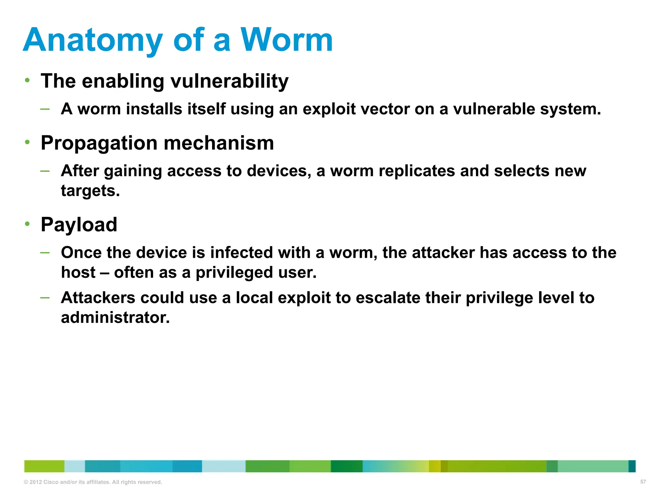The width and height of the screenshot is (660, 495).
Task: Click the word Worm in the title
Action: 286,40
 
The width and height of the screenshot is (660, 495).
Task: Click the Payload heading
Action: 79,225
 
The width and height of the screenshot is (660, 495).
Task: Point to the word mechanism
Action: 219,143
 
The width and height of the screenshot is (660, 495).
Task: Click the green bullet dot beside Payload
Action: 28,223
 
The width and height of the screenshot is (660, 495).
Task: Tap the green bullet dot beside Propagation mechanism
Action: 28,142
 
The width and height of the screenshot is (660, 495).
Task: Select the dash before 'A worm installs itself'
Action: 45,109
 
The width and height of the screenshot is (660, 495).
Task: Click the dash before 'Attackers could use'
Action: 45,298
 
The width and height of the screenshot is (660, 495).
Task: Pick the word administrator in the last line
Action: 115,317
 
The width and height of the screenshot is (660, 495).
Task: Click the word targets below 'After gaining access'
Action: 90,191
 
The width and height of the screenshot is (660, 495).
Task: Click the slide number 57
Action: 643,482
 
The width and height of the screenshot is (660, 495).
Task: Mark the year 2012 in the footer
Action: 35,482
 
